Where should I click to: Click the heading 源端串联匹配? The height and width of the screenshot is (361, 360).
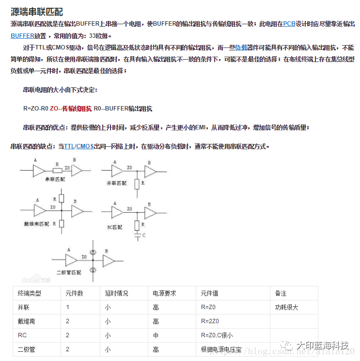pos(37,12)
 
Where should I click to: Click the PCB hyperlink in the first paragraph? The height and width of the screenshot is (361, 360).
pos(289,23)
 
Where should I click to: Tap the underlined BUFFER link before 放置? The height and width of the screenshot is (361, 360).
pos(22,36)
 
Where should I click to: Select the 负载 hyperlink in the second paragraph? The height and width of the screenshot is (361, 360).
pos(241,47)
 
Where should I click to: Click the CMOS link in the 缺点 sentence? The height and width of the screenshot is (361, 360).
pos(85,146)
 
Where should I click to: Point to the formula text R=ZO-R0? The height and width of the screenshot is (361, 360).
pos(36,109)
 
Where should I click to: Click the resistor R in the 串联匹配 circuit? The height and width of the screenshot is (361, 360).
pos(58,170)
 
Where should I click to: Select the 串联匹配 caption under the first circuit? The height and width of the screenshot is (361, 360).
pos(55,179)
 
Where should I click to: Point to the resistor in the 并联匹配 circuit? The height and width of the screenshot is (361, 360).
pos(137,184)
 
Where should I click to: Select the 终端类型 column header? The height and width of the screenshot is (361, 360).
pos(30,293)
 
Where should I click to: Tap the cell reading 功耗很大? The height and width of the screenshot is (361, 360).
pos(286,307)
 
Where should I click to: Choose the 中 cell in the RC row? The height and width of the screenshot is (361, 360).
pos(156,335)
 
